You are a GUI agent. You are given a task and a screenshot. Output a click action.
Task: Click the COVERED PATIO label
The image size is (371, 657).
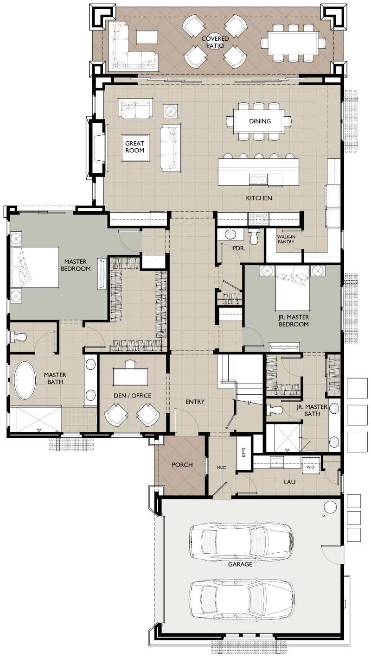pos(215,42)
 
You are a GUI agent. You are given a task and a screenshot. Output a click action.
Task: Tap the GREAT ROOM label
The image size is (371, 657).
pos(135,147)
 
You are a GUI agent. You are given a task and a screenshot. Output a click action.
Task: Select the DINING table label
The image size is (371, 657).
pos(260,121)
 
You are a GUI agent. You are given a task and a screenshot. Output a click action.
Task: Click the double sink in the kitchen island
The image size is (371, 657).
pos(258,179)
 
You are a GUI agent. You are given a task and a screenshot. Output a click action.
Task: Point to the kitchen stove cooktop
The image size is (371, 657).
pos(259,218)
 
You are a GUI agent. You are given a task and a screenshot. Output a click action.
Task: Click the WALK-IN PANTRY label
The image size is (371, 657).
pos(286,239)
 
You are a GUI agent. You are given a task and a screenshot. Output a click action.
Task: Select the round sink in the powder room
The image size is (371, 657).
pos(230,234)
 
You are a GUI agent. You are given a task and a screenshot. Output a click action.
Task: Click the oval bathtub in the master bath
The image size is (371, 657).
pos(25,380)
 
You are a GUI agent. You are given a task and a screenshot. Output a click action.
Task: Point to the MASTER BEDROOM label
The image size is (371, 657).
pos(76,265)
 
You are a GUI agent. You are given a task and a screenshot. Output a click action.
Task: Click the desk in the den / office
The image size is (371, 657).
pos(130,377)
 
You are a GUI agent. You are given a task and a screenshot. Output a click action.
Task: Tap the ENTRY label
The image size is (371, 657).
pos(195,402)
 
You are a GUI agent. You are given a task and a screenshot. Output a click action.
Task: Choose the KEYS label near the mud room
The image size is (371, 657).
pos(243,452)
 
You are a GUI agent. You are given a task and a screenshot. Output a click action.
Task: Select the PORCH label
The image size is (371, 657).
pos(182,465)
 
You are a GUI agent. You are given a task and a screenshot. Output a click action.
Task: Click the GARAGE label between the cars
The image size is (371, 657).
pos(240,564)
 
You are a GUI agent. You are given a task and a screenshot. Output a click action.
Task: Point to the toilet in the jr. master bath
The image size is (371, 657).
pos(275,409)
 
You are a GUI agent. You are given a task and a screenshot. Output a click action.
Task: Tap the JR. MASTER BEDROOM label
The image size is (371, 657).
pos(294,321)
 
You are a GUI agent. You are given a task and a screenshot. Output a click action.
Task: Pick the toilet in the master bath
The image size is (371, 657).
pos(19,337)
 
